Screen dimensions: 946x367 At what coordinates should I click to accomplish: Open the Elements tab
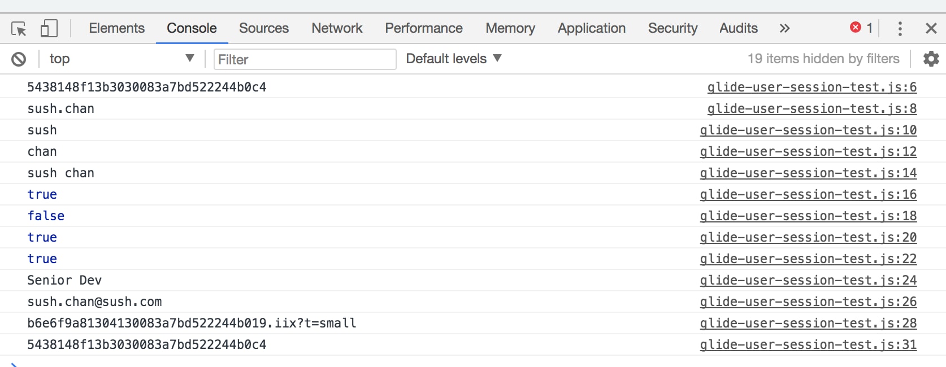tap(116, 28)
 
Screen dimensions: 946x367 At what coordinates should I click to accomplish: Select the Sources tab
tap(264, 28)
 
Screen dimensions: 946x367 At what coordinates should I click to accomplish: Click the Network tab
tap(337, 28)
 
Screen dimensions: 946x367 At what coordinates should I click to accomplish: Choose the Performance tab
tap(424, 28)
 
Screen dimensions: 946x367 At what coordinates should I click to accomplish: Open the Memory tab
tap(510, 28)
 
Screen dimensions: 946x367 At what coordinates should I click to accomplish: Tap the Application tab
tap(592, 28)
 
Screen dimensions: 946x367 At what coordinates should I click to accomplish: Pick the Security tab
tap(672, 28)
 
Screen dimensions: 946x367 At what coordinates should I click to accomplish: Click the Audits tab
tap(739, 28)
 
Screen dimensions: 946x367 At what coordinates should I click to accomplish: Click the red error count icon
tap(856, 28)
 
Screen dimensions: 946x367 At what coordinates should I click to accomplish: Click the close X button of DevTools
tap(931, 28)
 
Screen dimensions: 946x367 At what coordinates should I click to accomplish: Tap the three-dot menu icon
tap(900, 28)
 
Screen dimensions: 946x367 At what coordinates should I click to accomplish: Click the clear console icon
tap(19, 59)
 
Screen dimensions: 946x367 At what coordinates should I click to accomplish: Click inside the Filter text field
tap(305, 59)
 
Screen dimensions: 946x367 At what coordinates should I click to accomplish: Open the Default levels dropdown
tap(454, 59)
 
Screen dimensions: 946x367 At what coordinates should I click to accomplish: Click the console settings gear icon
tap(931, 59)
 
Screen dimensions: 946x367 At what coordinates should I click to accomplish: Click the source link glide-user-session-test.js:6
tap(812, 88)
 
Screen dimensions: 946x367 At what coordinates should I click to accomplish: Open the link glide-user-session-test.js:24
tap(808, 281)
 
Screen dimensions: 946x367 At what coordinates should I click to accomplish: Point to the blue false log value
tap(46, 216)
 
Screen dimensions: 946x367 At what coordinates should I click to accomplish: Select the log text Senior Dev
tap(64, 281)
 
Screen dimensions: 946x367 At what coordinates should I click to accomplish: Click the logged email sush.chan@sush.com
tap(94, 302)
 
